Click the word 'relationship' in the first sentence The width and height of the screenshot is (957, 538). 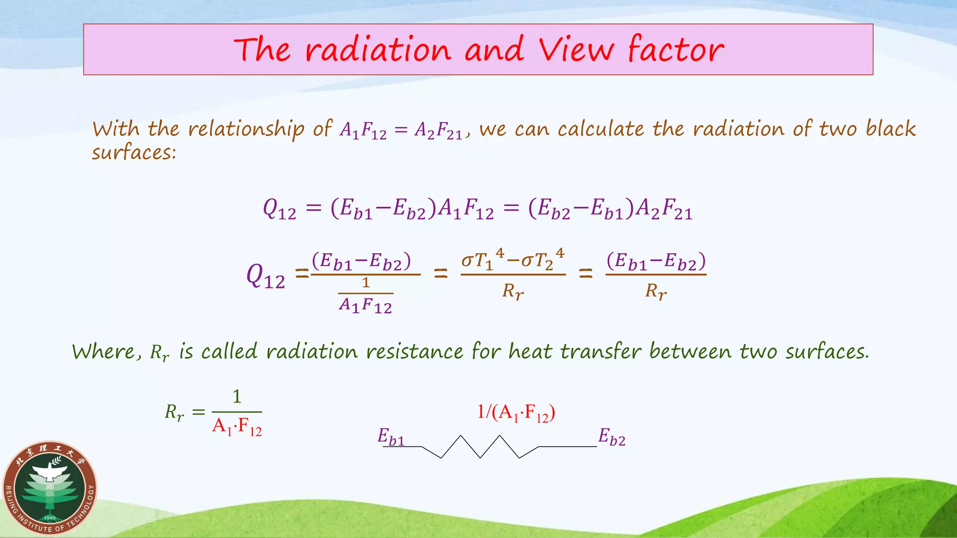tap(246, 129)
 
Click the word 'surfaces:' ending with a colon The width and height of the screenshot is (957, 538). tap(134, 152)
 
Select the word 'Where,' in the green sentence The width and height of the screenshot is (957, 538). tap(107, 352)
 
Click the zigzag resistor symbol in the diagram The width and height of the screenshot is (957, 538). tap(480, 447)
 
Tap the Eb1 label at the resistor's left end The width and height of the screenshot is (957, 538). tap(391, 437)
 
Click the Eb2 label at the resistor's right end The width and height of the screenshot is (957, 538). tap(612, 437)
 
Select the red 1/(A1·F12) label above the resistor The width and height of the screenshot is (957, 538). tap(516, 413)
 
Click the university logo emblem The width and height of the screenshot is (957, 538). tap(50, 488)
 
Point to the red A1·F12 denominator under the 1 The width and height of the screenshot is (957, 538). tap(236, 427)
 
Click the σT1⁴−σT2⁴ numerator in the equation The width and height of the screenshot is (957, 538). tap(513, 260)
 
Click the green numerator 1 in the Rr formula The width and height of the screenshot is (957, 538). tap(237, 396)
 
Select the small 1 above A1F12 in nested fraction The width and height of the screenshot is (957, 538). tap(365, 283)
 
